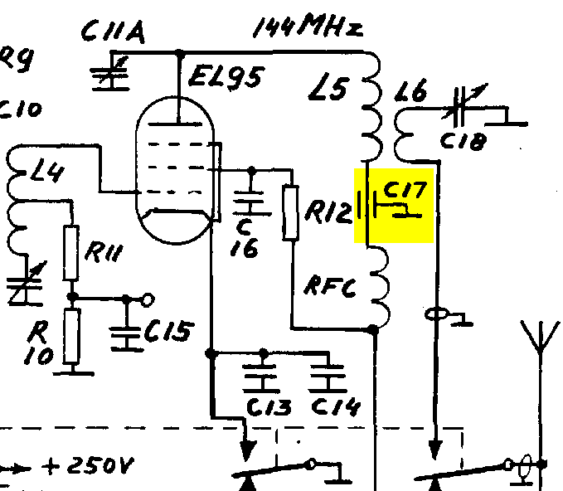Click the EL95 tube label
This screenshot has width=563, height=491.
tap(226, 77)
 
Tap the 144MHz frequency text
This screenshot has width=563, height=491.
tap(308, 25)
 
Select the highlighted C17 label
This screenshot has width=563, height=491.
tap(405, 190)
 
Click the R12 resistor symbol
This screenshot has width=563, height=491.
tap(291, 212)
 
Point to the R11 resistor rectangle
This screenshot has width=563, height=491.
tap(71, 253)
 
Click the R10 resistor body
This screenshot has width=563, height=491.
tap(72, 337)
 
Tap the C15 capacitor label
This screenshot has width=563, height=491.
tap(169, 330)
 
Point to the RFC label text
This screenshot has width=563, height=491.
tap(330, 286)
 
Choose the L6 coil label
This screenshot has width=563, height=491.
tap(410, 90)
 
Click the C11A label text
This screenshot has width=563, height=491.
tap(114, 32)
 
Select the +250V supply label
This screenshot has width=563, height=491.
tap(87, 466)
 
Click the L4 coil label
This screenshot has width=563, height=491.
tap(47, 173)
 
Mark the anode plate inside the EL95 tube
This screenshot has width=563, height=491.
tap(175, 124)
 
